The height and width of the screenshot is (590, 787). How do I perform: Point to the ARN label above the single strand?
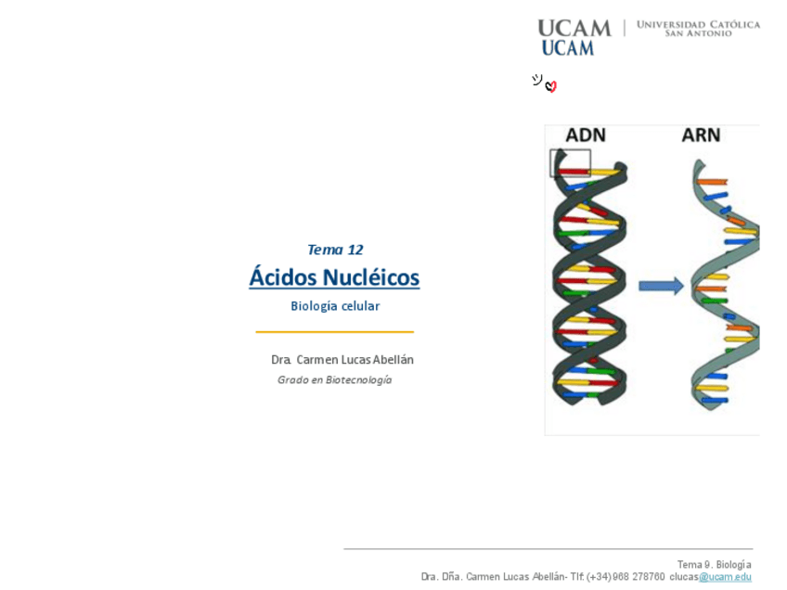701,135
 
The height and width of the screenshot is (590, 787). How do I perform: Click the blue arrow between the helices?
661,287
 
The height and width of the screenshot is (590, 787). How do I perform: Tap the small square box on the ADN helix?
570,163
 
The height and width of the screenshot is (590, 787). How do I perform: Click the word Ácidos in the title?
283,277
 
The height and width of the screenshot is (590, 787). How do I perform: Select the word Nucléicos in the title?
371,277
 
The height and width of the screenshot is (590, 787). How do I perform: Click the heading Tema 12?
335,250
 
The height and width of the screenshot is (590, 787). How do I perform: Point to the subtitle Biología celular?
335,306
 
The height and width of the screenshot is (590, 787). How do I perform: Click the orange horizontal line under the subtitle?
335,331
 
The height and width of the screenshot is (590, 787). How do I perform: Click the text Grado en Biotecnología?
335,380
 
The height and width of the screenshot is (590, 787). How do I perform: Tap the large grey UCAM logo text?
574,28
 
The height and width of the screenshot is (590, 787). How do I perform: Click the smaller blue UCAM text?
567,48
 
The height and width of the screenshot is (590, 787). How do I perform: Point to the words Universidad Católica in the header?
698,24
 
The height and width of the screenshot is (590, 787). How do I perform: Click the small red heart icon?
551,86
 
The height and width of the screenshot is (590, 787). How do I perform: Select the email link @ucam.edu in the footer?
725,577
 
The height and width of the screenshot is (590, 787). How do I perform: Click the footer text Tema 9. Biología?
714,564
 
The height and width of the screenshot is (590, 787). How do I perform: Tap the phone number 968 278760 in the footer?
639,577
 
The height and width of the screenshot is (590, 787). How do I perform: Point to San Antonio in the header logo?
698,34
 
